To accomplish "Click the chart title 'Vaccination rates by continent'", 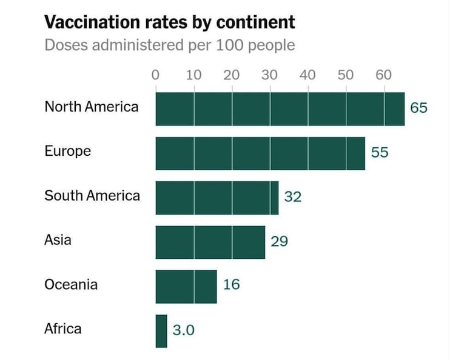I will [170, 23].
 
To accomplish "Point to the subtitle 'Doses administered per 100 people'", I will [170, 45].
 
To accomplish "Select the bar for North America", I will [280, 109].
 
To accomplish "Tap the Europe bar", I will [260, 153].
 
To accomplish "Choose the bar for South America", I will [217, 198].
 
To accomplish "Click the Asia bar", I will [210, 242].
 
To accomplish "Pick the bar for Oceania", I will [186, 286].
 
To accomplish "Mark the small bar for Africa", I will [161, 331].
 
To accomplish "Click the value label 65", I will [418, 108].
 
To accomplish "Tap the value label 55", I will [380, 153].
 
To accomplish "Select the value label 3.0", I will [184, 330].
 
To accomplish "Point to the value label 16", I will [231, 284].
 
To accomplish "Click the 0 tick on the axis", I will [155, 76].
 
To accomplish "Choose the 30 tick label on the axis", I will [269, 76].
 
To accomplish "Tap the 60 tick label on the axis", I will [383, 76].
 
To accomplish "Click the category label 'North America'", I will [91, 107].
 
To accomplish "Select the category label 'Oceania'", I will [71, 284].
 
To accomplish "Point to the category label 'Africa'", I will [62, 329].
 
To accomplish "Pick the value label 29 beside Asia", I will [279, 241].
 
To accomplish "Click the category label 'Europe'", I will [67, 151].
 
